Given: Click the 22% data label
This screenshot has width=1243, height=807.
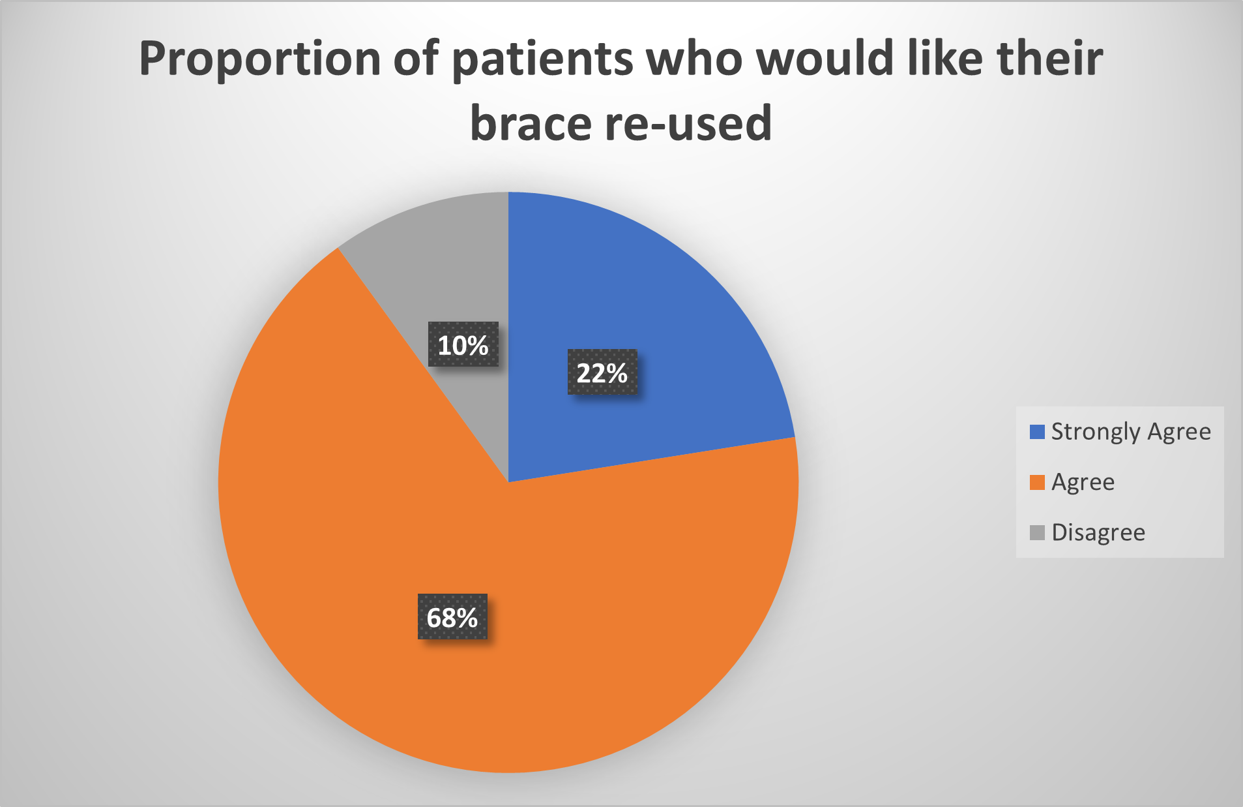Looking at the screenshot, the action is pyautogui.click(x=602, y=373).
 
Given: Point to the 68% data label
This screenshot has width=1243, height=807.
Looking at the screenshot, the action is pyautogui.click(x=452, y=617).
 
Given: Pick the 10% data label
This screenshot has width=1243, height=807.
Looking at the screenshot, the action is pyautogui.click(x=463, y=344).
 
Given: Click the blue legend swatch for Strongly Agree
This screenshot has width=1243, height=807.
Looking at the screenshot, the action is pyautogui.click(x=1037, y=432).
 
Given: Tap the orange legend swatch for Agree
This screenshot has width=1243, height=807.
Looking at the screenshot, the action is pyautogui.click(x=1037, y=482).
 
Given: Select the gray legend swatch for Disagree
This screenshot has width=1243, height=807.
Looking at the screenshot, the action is pyautogui.click(x=1037, y=532).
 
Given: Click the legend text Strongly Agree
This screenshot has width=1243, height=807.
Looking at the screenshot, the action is pyautogui.click(x=1131, y=432).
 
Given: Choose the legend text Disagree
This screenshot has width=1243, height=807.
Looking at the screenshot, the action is pyautogui.click(x=1098, y=532).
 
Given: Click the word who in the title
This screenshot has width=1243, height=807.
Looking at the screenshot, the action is pyautogui.click(x=694, y=59).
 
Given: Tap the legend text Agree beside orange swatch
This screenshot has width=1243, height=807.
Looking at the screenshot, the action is pyautogui.click(x=1083, y=483).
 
